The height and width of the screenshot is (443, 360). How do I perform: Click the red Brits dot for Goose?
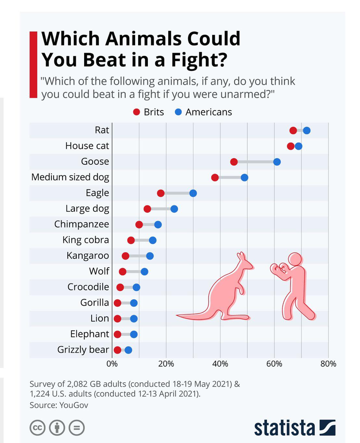point(234,162)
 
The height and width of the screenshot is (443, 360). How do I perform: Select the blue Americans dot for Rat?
point(306,130)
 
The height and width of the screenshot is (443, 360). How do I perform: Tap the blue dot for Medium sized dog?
point(244,178)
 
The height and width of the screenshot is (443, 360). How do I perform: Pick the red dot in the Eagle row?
point(161,193)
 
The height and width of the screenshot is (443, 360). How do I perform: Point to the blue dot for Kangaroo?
point(150,256)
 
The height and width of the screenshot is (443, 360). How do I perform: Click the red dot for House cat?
point(290,146)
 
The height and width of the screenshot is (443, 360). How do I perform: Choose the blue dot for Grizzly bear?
point(128,350)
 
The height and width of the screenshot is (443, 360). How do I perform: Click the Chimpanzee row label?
point(81,224)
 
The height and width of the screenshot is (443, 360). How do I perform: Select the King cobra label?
point(86,240)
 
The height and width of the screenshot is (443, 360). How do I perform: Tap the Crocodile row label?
point(88,287)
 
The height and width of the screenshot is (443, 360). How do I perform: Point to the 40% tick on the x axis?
point(220,364)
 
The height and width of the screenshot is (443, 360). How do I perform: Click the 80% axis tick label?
point(328,364)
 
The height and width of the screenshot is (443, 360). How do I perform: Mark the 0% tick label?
point(112,364)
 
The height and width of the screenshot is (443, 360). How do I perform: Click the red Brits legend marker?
point(137,112)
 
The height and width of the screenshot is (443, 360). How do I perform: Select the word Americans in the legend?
point(209,112)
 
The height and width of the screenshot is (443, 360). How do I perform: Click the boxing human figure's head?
point(294,260)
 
